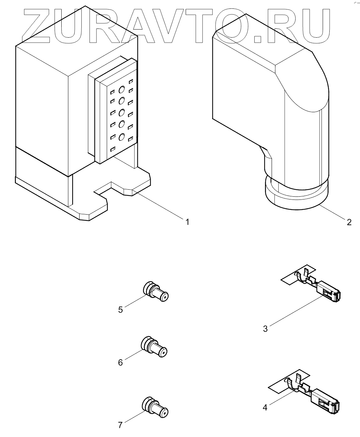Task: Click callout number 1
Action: click(x=187, y=222)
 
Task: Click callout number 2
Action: click(x=349, y=222)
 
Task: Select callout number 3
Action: click(x=266, y=329)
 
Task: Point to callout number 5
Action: click(x=120, y=310)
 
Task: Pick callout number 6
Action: click(x=120, y=362)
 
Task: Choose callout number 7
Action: click(x=120, y=425)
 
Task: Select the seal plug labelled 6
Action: click(x=154, y=347)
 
